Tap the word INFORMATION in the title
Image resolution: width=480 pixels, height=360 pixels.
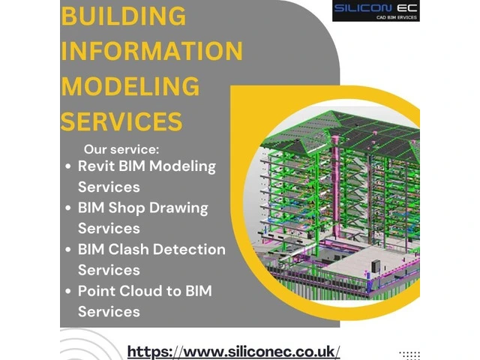151,50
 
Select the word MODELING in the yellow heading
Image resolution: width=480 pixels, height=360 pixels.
130,85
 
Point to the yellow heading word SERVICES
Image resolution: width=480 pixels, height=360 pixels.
121,121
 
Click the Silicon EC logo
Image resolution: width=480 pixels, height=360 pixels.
376,10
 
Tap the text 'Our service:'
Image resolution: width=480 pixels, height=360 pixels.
121,149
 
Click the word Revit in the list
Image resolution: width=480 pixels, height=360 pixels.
96,166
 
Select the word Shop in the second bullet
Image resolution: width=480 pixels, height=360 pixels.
127,208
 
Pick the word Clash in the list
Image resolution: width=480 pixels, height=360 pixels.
128,249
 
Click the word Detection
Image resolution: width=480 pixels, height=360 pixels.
189,249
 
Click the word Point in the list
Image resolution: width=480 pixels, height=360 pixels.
97,291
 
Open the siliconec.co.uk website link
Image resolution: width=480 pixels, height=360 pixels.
233,352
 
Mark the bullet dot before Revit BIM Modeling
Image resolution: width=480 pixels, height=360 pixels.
68,166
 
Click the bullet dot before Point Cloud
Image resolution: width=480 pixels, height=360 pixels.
68,292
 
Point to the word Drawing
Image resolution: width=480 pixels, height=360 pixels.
178,208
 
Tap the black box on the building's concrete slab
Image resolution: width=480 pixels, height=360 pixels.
375,265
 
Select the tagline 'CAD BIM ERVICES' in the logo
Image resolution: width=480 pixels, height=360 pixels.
397,17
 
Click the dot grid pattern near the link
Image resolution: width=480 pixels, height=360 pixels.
409,355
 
